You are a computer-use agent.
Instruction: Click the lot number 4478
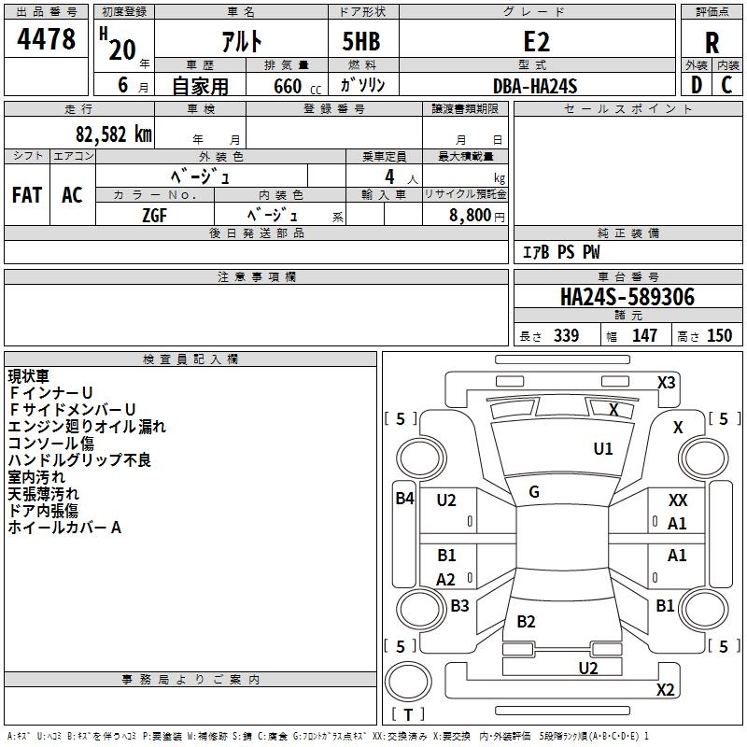(46, 41)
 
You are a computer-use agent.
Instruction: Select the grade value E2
(537, 41)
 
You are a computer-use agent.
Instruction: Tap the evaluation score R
(712, 43)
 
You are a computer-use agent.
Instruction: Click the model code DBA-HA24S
(535, 86)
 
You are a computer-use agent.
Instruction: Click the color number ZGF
(155, 214)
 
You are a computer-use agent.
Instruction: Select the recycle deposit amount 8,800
(471, 215)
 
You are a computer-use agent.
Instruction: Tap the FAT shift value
(26, 195)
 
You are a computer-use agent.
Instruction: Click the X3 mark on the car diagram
(667, 382)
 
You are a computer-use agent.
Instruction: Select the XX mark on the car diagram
(678, 501)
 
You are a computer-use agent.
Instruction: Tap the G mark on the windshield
(534, 492)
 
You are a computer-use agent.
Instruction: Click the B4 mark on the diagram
(403, 499)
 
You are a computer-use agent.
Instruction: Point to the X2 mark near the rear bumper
(665, 690)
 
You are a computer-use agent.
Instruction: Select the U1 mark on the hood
(603, 449)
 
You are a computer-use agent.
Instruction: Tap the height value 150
(719, 336)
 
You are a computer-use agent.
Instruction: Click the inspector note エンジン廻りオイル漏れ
(87, 427)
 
